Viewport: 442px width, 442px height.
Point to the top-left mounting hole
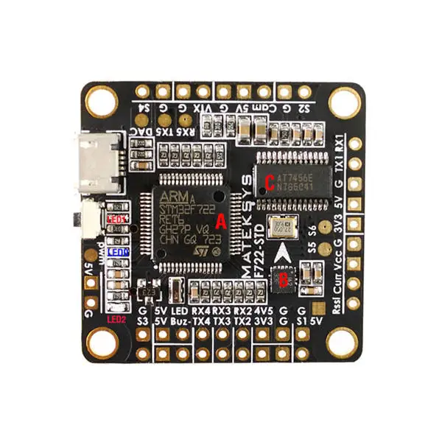tap(101, 100)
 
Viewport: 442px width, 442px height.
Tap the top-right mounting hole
tap(344, 101)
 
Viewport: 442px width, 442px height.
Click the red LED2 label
tap(116, 320)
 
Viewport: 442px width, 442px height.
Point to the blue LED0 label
tap(118, 252)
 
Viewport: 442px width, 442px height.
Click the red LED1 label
tap(116, 220)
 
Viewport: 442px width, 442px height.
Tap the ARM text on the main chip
tap(174, 197)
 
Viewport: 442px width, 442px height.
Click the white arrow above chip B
tap(284, 254)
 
